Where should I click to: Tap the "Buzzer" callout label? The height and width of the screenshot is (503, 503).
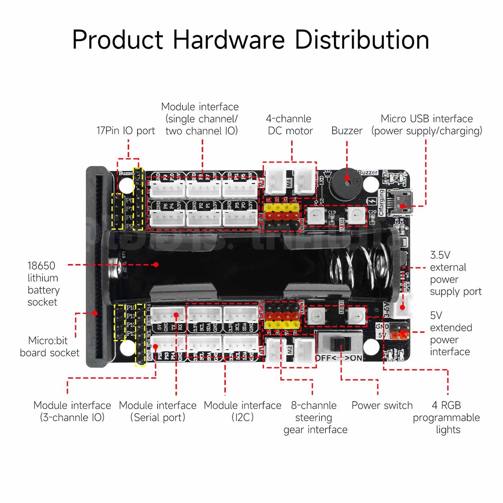click(x=347, y=131)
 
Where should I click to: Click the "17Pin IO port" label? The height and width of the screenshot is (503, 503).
click(x=126, y=131)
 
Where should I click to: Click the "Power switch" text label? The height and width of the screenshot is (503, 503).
click(x=382, y=405)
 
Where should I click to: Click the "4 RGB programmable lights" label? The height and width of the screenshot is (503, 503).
click(x=446, y=417)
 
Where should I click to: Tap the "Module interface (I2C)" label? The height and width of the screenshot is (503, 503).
click(x=242, y=411)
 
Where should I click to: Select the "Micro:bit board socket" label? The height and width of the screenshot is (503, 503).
click(x=50, y=347)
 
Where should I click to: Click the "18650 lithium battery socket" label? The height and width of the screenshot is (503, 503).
click(x=43, y=284)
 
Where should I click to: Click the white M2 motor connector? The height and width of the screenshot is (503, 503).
click(x=303, y=352)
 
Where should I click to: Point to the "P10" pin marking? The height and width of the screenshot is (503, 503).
click(x=130, y=307)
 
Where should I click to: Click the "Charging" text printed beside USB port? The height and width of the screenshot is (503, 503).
click(x=382, y=203)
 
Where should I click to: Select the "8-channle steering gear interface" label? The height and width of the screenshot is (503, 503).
click(x=315, y=417)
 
